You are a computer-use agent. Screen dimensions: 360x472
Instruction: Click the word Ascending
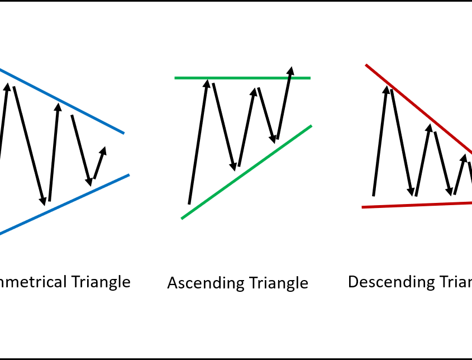point(199,283)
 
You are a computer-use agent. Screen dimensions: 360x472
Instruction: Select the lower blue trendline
point(67,203)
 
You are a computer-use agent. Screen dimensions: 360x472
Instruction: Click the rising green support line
point(246,172)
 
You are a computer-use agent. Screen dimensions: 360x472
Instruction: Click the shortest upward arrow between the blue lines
point(99,163)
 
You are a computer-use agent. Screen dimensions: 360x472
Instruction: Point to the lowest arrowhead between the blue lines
point(42,201)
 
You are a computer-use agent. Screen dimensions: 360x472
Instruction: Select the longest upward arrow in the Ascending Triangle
point(198,142)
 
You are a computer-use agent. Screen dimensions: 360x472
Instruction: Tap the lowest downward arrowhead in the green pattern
point(232,166)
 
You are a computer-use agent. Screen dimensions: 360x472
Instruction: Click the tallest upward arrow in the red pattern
point(379,140)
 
